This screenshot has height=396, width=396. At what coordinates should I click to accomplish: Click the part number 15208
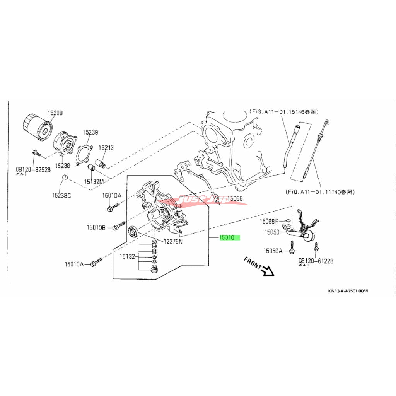(x=55, y=113)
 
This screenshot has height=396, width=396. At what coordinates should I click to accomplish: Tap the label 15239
(x=90, y=132)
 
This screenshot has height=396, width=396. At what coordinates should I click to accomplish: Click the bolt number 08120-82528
(x=33, y=169)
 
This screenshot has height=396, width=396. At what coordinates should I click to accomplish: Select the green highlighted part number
(x=229, y=238)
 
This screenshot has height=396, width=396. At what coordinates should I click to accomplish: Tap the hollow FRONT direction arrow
(x=267, y=270)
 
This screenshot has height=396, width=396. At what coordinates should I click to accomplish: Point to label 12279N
(x=173, y=242)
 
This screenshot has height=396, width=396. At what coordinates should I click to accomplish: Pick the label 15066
(x=235, y=198)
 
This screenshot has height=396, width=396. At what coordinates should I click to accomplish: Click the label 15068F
(x=269, y=221)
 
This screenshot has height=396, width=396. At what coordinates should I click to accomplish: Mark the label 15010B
(x=96, y=227)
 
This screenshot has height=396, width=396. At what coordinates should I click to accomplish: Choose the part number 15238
(x=62, y=166)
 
